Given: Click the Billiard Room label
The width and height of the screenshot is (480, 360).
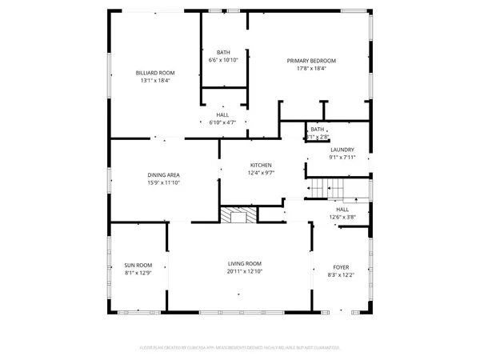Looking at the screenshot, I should pyautogui.click(x=155, y=73).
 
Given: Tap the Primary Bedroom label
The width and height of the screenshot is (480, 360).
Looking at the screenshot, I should pyautogui.click(x=311, y=61).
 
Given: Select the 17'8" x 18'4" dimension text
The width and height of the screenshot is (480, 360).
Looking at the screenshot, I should pyautogui.click(x=311, y=69).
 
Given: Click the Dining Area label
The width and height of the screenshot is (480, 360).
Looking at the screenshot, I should pyautogui.click(x=162, y=175).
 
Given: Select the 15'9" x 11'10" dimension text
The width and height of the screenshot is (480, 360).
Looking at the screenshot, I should pyautogui.click(x=162, y=183).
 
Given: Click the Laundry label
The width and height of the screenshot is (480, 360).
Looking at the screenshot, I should pyautogui.click(x=342, y=150).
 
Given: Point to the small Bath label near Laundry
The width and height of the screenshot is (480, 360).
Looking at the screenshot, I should pyautogui.click(x=318, y=129).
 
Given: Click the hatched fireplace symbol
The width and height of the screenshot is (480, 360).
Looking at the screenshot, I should pyautogui.click(x=237, y=215).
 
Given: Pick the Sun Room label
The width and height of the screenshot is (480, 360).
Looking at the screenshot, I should pyautogui.click(x=138, y=265).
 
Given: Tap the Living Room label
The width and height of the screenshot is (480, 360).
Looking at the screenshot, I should pyautogui.click(x=245, y=264).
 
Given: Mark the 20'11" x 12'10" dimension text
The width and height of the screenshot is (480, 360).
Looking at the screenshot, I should pyautogui.click(x=245, y=272).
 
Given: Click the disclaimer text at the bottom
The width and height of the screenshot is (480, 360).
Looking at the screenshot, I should pyautogui.click(x=240, y=348).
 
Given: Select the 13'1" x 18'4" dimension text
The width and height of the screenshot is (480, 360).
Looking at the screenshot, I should pyautogui.click(x=155, y=81).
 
